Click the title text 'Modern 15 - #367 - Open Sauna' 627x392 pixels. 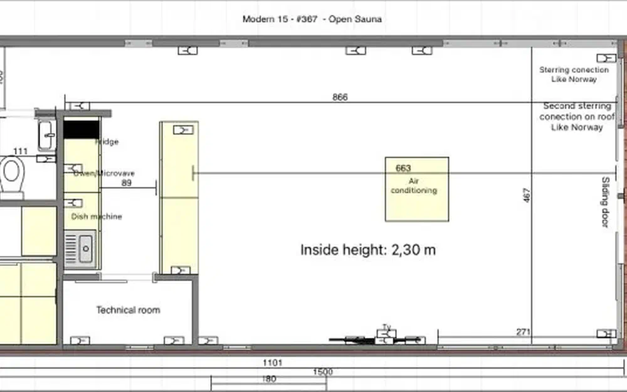pos(312,19)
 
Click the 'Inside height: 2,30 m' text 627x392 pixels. pos(367,250)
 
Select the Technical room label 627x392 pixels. pos(127,310)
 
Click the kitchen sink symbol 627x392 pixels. pos(82,248)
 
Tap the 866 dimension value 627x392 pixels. pos(340,97)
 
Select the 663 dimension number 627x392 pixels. pos(403,168)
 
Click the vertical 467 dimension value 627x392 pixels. pos(526,195)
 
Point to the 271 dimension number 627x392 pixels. pos(524,331)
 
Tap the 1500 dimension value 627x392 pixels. pos(322,372)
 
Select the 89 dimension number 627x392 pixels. pos(126,183)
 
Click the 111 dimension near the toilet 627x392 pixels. pos(20,151)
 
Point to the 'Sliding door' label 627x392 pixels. pos(605,202)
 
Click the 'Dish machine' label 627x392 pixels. pos(97,216)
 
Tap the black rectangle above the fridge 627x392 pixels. pos(82,129)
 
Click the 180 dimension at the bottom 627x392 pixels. pos(268,379)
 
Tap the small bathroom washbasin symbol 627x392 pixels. pos(46,135)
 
